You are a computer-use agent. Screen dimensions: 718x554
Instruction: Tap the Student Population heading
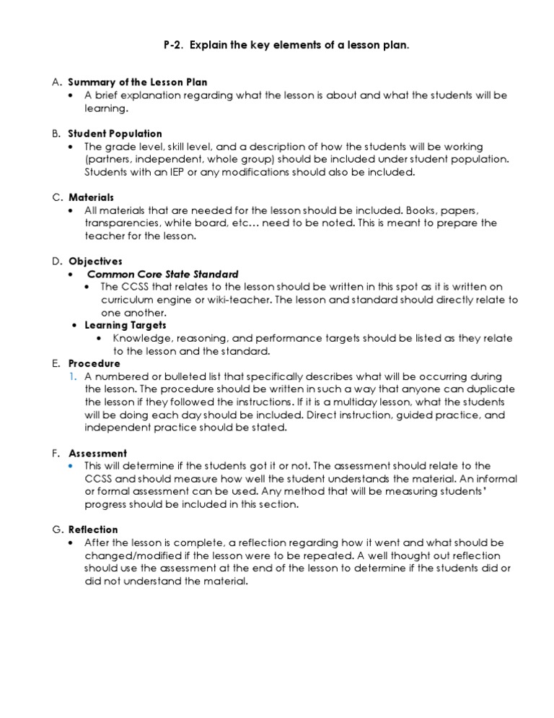tap(115, 134)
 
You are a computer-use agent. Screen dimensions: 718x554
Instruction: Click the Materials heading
tap(91, 197)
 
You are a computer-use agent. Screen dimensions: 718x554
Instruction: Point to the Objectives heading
tap(95, 261)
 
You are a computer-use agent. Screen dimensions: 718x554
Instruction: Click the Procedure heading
tap(94, 363)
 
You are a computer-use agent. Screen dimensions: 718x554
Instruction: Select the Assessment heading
tap(97, 453)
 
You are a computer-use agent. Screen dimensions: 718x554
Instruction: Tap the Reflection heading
tap(93, 529)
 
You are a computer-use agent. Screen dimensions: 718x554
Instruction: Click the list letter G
tap(55, 529)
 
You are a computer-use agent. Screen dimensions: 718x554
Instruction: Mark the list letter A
tap(55, 82)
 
